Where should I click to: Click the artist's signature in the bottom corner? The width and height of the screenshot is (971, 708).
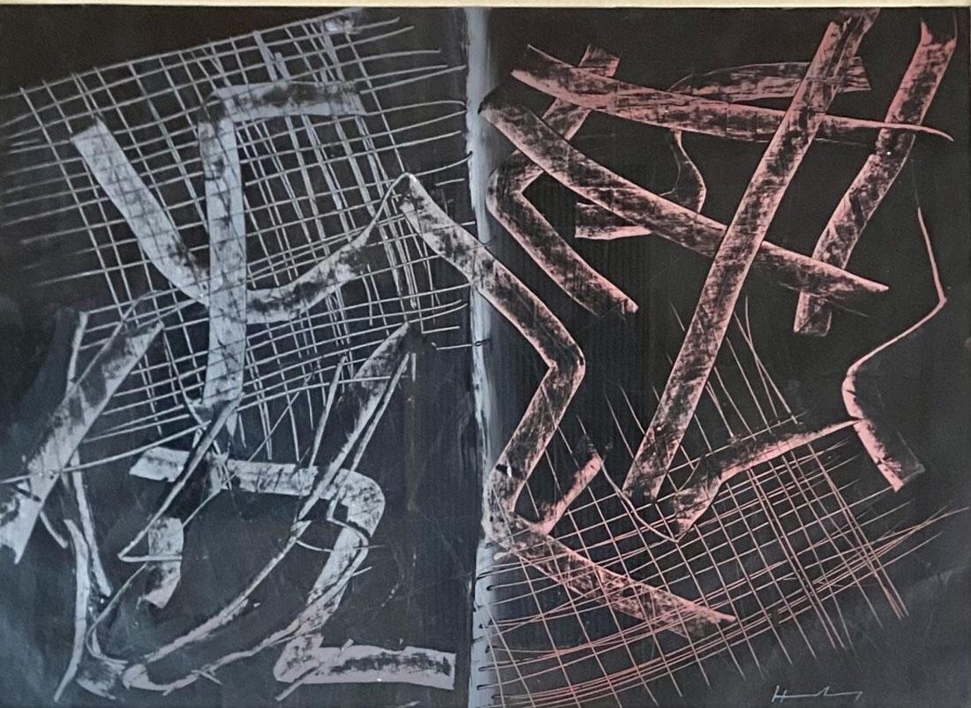point(804,690)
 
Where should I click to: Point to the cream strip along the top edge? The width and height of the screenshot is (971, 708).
point(485,4)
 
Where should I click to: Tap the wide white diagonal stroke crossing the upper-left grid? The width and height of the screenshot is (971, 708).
point(132,203)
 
